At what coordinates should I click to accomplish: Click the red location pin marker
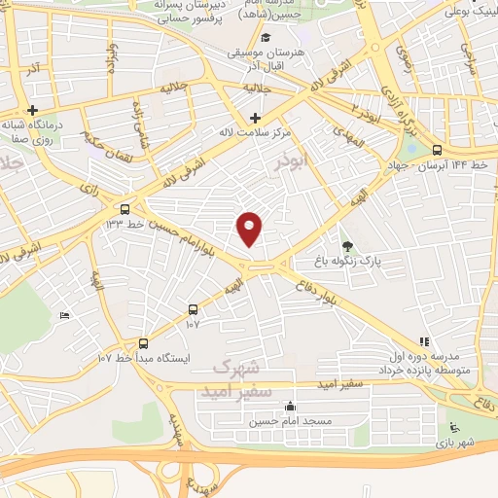[x=251, y=228]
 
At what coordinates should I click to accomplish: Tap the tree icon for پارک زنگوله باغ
[x=348, y=245]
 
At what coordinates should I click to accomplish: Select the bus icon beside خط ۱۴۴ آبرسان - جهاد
[x=437, y=150]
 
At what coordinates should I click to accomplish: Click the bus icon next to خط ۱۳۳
[x=124, y=209]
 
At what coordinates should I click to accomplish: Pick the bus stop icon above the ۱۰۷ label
[x=193, y=309]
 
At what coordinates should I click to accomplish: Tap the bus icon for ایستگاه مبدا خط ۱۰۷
[x=144, y=342]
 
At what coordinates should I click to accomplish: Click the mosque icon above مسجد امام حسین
[x=289, y=407]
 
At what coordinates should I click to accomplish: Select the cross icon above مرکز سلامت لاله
[x=255, y=118]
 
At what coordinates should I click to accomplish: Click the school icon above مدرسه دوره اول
[x=423, y=341]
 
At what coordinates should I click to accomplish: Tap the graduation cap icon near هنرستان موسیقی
[x=266, y=37]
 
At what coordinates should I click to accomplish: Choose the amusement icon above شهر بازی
[x=452, y=426]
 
